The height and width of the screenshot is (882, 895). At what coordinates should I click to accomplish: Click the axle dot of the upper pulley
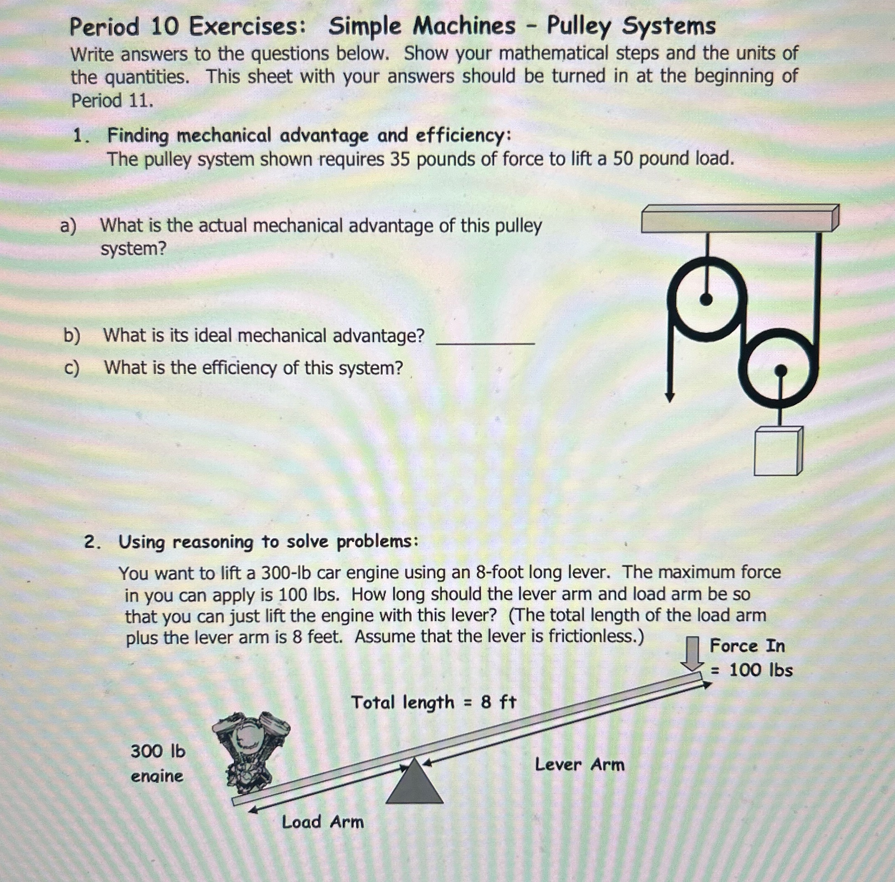pyautogui.click(x=706, y=300)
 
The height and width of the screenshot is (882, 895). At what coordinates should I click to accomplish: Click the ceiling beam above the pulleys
pyautogui.click(x=739, y=219)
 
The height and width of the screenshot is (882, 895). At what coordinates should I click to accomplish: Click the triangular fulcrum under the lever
pyautogui.click(x=414, y=784)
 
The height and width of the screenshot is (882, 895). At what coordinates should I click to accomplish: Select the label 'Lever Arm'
pyautogui.click(x=579, y=764)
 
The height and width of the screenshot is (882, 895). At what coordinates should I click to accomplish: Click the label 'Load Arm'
pyautogui.click(x=322, y=822)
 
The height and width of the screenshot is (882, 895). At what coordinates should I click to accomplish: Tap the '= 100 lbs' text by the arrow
pyautogui.click(x=752, y=670)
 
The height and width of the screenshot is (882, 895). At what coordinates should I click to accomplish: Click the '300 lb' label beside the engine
pyautogui.click(x=158, y=751)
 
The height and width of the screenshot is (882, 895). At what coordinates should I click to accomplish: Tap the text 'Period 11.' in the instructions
pyautogui.click(x=112, y=100)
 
